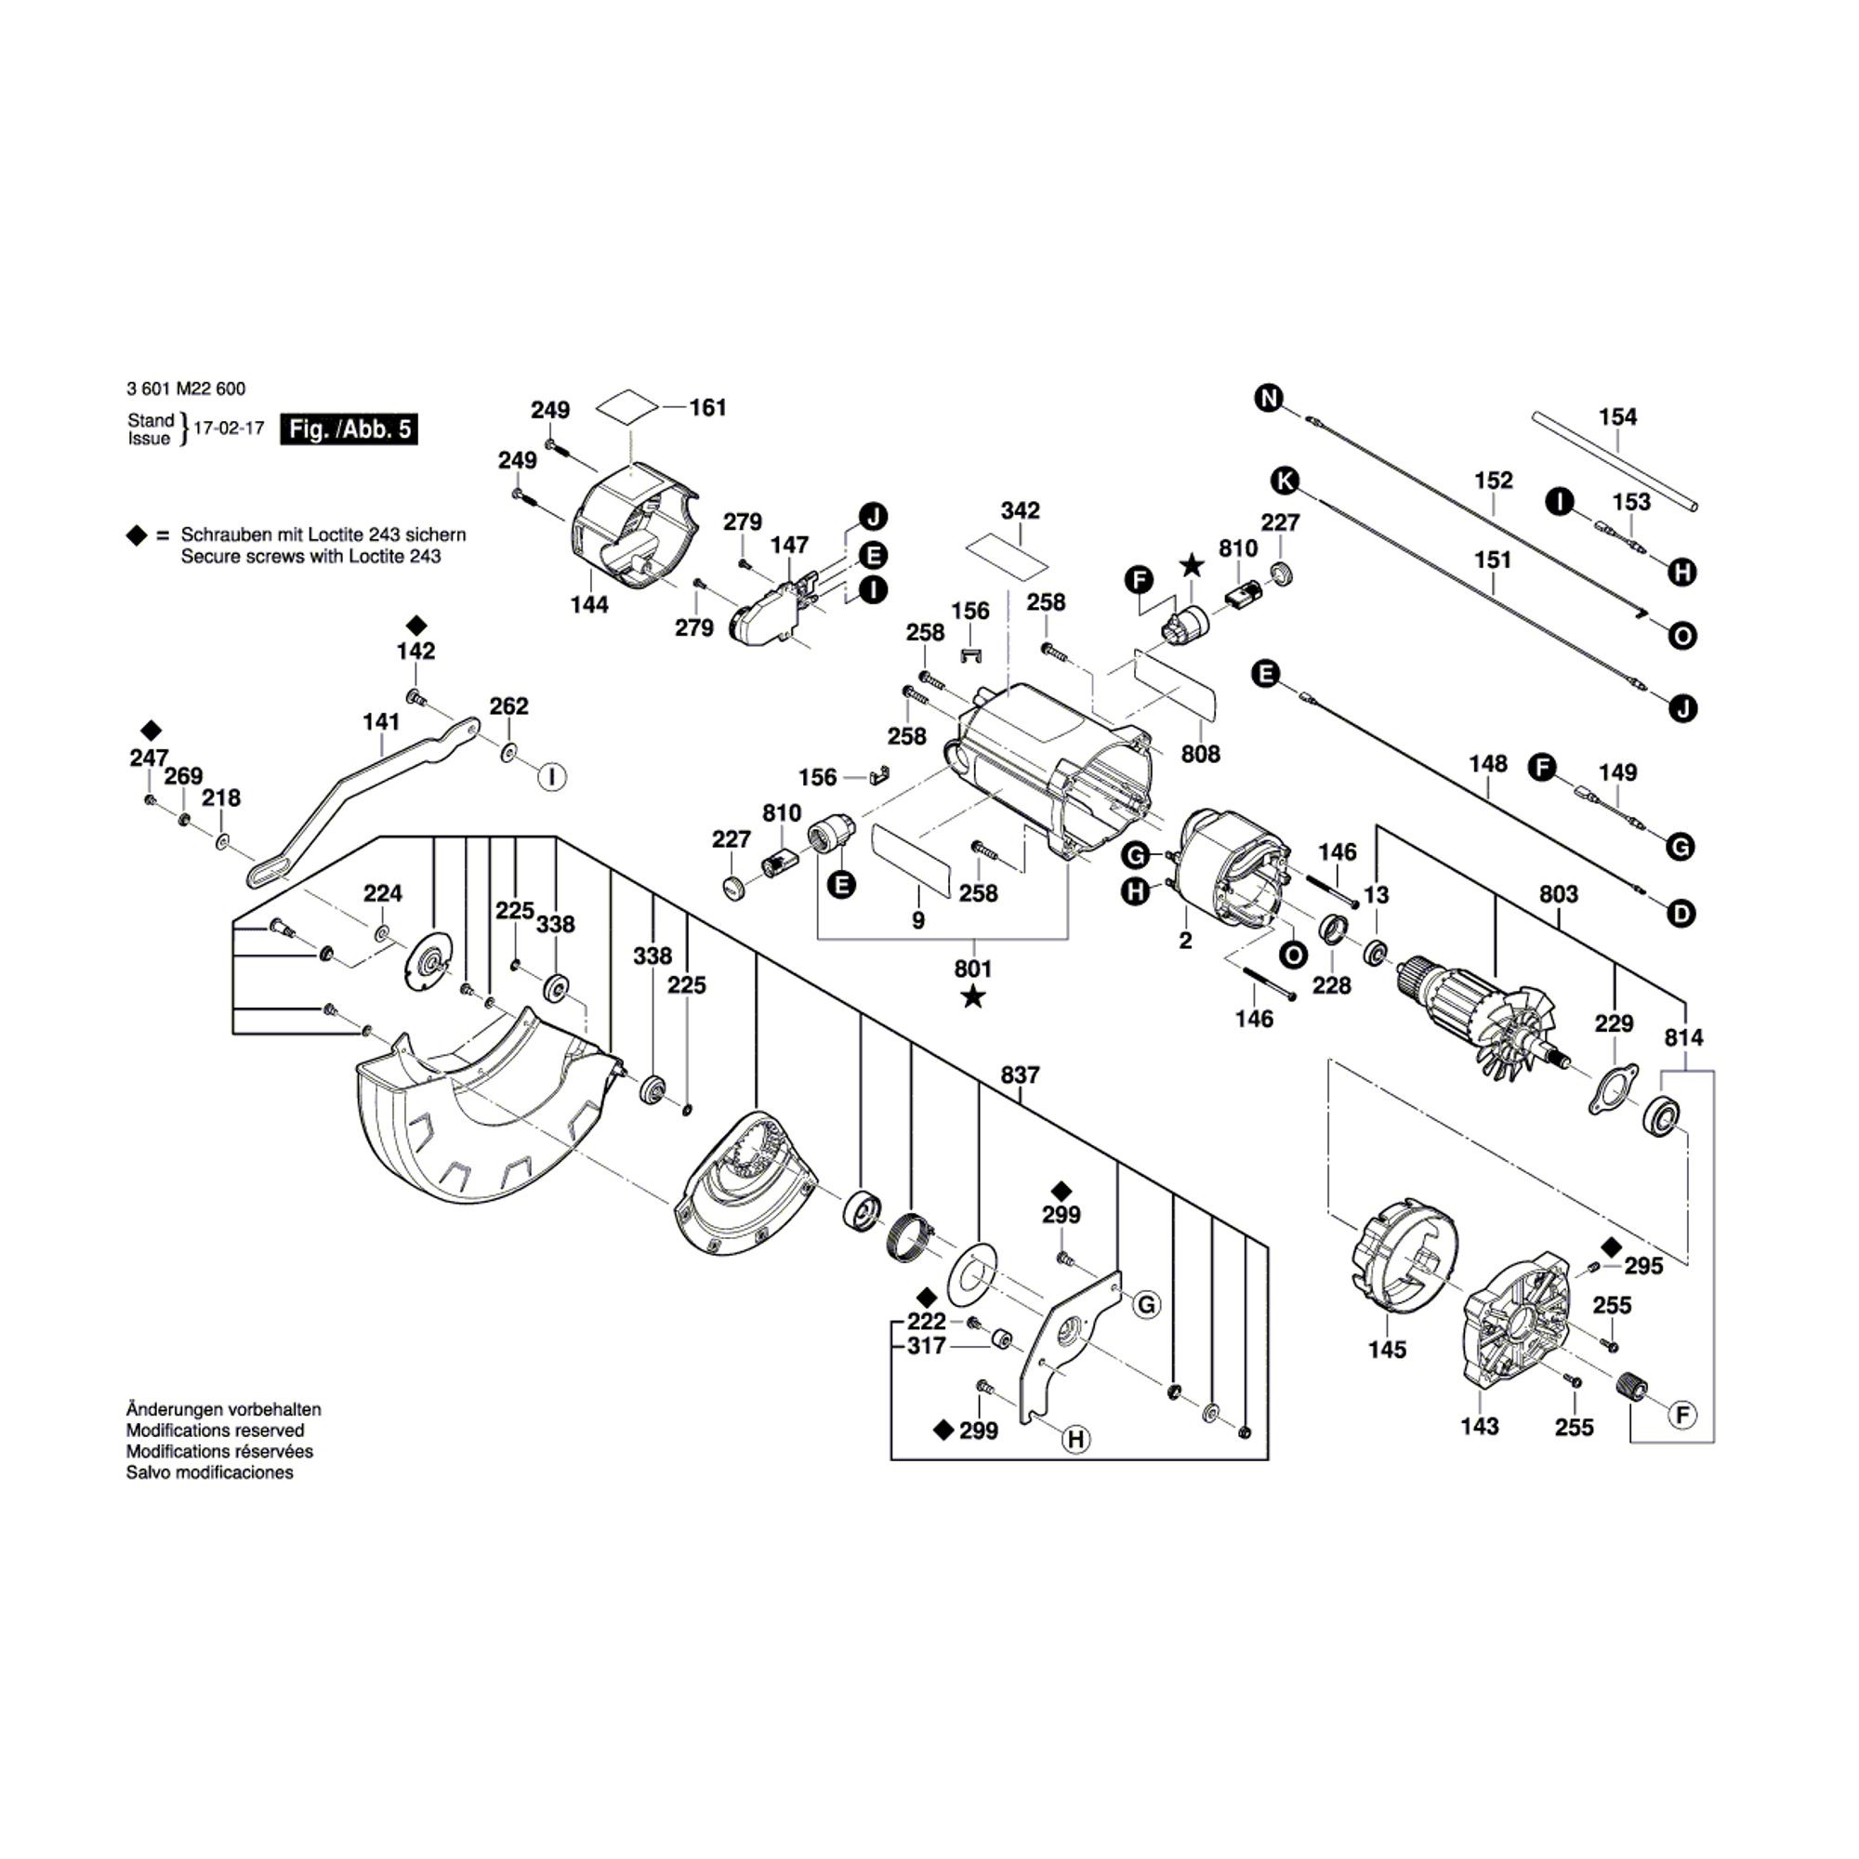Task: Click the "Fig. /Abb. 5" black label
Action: (349, 429)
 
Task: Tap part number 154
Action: (1617, 416)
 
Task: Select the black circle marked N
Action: (1269, 397)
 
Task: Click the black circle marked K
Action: (1284, 481)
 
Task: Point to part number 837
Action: (1020, 1075)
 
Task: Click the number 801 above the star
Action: (973, 968)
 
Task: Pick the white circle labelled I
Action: (551, 776)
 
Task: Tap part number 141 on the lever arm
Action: (381, 720)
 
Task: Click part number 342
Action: (1020, 510)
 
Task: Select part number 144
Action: (589, 604)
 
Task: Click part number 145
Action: (1387, 1349)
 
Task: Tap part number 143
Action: (1479, 1426)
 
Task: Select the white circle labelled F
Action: (1683, 1415)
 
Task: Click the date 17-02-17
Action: (228, 428)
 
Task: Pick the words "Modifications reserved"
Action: (215, 1431)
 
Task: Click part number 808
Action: (1200, 755)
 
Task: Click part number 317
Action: (926, 1346)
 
